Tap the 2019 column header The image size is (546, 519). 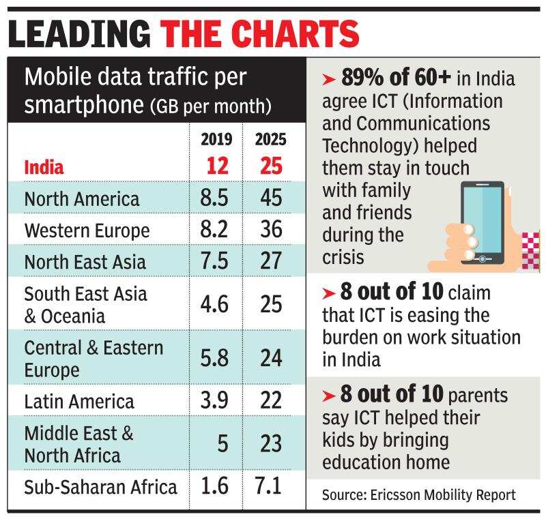[216, 140]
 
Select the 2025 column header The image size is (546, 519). [271, 140]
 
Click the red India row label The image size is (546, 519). [44, 167]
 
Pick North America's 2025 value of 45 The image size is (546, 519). [271, 198]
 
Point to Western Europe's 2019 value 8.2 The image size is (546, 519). [214, 230]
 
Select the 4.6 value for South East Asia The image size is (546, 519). [214, 303]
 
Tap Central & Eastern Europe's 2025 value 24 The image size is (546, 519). [271, 357]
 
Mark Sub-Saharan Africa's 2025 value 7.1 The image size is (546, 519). [271, 487]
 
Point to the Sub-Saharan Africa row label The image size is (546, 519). [100, 487]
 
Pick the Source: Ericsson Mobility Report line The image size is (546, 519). [419, 494]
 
